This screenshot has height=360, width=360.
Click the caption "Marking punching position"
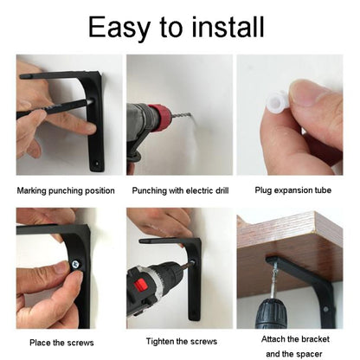coord(66,190)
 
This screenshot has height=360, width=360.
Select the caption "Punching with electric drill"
coord(180,190)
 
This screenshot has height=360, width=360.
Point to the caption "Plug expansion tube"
coord(293,190)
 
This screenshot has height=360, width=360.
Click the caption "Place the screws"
coord(61,343)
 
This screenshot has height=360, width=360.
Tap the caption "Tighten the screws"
coord(182,342)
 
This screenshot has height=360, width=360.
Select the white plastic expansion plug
coord(276,102)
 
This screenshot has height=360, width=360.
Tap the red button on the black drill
coord(141,285)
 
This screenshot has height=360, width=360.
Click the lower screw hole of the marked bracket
coord(97,164)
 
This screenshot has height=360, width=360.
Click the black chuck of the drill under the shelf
coord(270,314)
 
